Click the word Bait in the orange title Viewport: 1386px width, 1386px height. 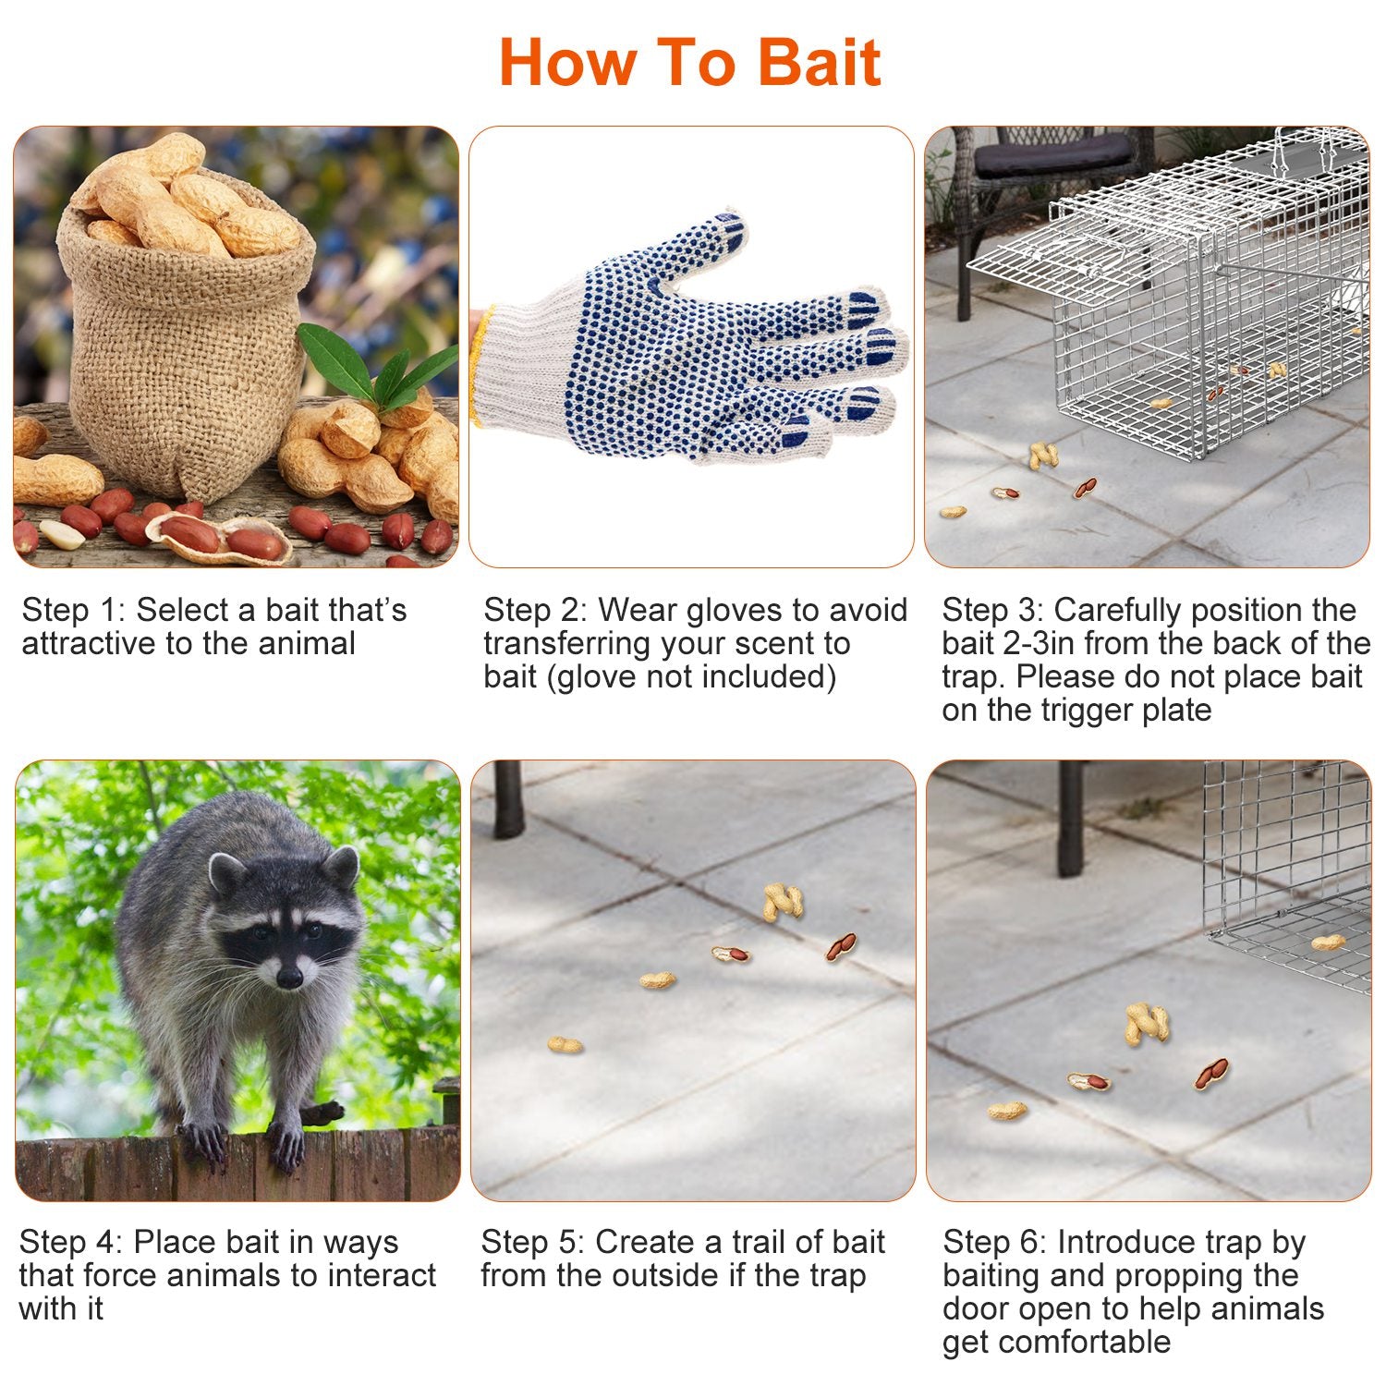tap(819, 63)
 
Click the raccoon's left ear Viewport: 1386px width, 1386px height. tap(225, 873)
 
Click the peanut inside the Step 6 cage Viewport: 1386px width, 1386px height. tap(1328, 942)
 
